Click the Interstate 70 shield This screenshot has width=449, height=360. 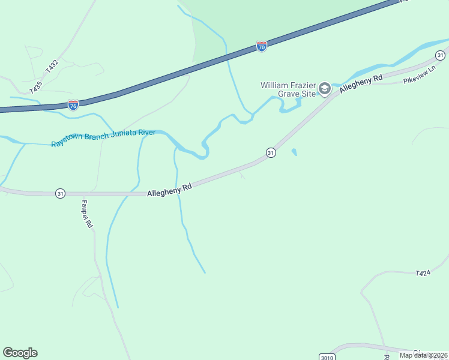point(261,46)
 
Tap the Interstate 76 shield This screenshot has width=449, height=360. point(73,105)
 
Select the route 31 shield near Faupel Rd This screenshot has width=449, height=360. point(60,193)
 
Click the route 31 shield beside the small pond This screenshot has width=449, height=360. point(271,152)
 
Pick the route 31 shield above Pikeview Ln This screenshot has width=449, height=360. point(441,55)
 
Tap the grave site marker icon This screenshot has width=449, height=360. point(324,89)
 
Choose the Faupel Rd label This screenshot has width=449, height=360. point(87,214)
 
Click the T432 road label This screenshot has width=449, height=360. point(52,63)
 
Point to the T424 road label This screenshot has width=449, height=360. point(423,273)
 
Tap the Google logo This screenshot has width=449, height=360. point(20,353)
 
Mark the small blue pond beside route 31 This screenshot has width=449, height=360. point(294,152)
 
